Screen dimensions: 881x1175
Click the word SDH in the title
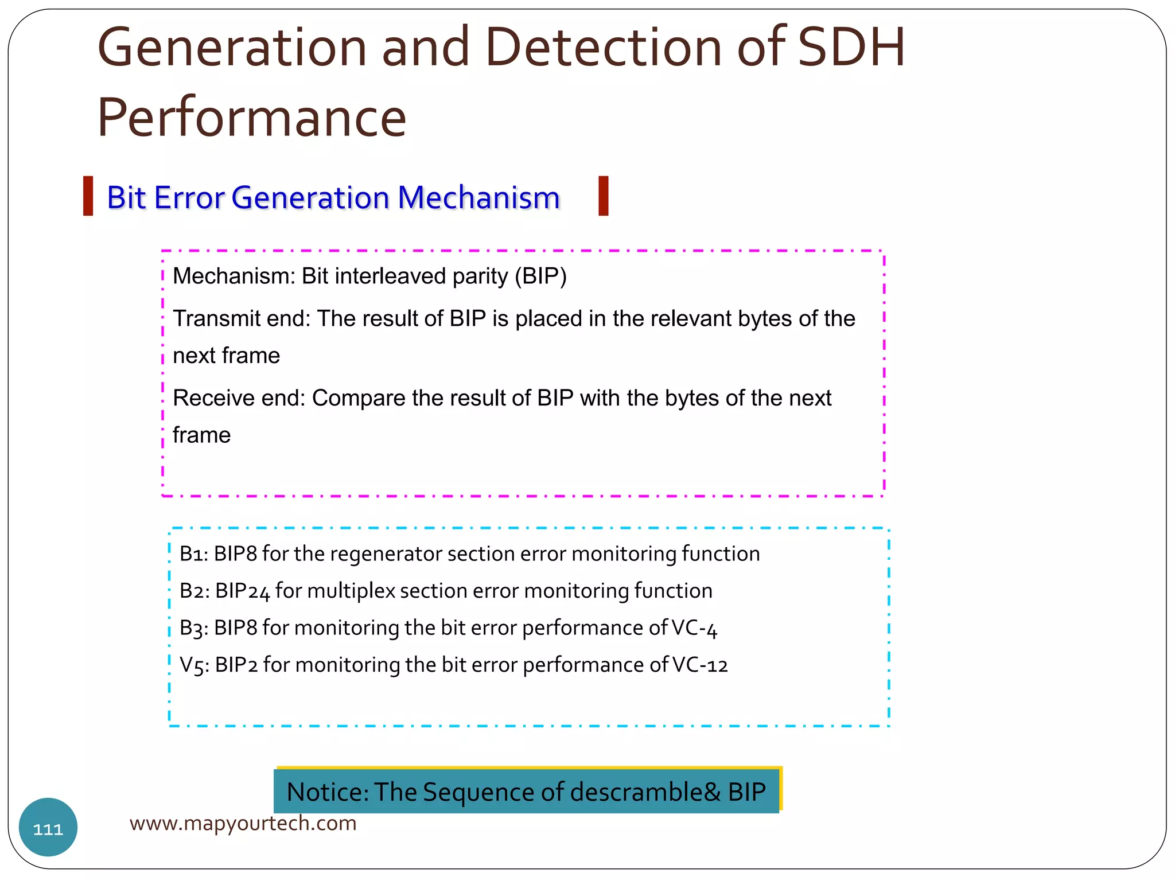coord(851,48)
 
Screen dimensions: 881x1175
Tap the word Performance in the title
coord(252,118)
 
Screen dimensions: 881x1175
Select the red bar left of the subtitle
coord(88,196)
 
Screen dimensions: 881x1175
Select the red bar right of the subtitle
coord(603,196)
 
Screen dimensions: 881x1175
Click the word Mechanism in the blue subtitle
coord(478,198)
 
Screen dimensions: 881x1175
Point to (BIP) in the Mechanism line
coord(540,276)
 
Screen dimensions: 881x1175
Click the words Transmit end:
coord(242,319)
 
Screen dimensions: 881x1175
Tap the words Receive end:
coord(239,398)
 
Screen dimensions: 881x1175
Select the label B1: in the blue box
coord(193,554)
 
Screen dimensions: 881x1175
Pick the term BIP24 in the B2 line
coord(242,591)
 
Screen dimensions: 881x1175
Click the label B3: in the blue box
coord(193,629)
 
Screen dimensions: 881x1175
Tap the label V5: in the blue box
coord(194,665)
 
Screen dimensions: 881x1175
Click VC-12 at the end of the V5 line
coord(700,665)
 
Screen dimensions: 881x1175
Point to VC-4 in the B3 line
coord(694,629)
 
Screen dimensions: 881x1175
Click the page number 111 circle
coord(48,828)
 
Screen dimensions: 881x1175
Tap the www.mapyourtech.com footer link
coord(243,824)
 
